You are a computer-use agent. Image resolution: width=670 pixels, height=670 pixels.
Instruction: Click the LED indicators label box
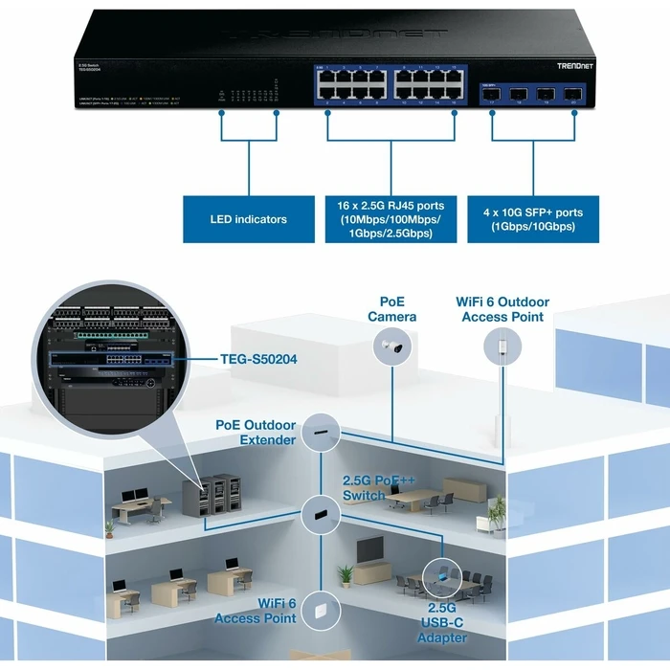(x=248, y=219)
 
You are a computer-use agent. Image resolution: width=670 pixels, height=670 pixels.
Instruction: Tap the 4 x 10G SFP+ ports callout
(x=531, y=219)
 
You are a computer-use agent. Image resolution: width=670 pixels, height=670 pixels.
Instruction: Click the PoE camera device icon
(x=394, y=349)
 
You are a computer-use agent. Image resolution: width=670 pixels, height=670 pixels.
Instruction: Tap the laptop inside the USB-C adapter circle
(x=442, y=575)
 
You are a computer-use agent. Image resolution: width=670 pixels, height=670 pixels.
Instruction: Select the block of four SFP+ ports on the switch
(x=531, y=95)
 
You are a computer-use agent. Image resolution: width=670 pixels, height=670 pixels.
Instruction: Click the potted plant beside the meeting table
(x=495, y=513)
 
